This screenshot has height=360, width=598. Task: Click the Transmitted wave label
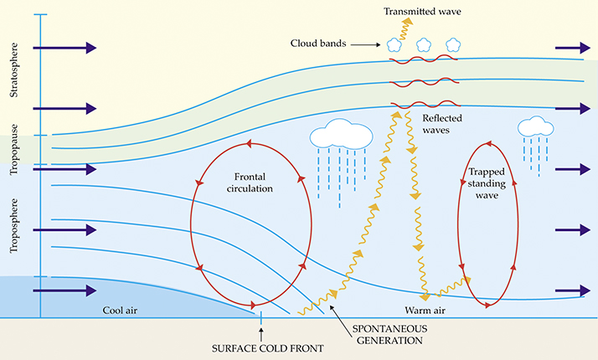coord(420,11)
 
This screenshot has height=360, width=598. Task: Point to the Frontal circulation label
coord(254,183)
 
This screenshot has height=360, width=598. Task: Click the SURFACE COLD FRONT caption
coord(261,347)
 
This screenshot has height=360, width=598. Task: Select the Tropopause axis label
coord(14,144)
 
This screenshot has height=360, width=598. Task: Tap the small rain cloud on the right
coord(535,126)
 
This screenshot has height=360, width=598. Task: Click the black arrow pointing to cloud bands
coord(369,44)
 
